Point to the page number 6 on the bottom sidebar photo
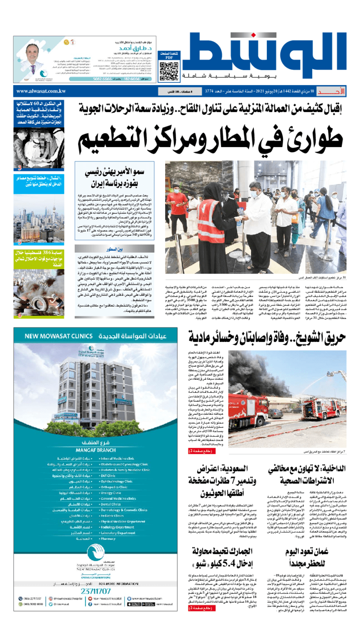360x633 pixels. click(20, 315)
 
